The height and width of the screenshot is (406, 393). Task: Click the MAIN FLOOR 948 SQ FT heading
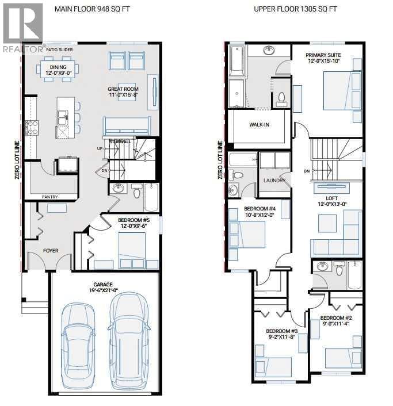coord(92,9)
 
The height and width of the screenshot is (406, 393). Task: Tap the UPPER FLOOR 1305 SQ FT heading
coord(295,9)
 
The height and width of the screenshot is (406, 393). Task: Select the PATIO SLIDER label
coord(59,49)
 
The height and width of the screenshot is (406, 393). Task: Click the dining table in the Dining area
coord(58,70)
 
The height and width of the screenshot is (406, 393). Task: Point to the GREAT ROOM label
coord(123,89)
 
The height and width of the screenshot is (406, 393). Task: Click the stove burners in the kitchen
coord(32,128)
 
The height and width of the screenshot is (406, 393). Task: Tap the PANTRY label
coord(49,197)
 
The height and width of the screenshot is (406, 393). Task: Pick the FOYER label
coord(51,251)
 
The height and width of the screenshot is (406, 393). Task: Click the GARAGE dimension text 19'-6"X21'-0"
coord(104,290)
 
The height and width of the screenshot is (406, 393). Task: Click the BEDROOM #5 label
coord(133,220)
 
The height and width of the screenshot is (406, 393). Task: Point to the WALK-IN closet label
coord(259,125)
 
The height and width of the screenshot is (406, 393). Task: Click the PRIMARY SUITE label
coord(323,55)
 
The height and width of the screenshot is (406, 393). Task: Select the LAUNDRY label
coord(274,181)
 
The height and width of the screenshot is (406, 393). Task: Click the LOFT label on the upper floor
coord(332,198)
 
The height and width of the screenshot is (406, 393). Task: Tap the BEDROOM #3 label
coord(282,331)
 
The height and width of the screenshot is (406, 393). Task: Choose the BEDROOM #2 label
coord(336,318)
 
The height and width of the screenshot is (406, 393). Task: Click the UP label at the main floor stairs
coord(100,148)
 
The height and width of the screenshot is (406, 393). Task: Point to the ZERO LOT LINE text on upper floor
coord(220,160)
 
